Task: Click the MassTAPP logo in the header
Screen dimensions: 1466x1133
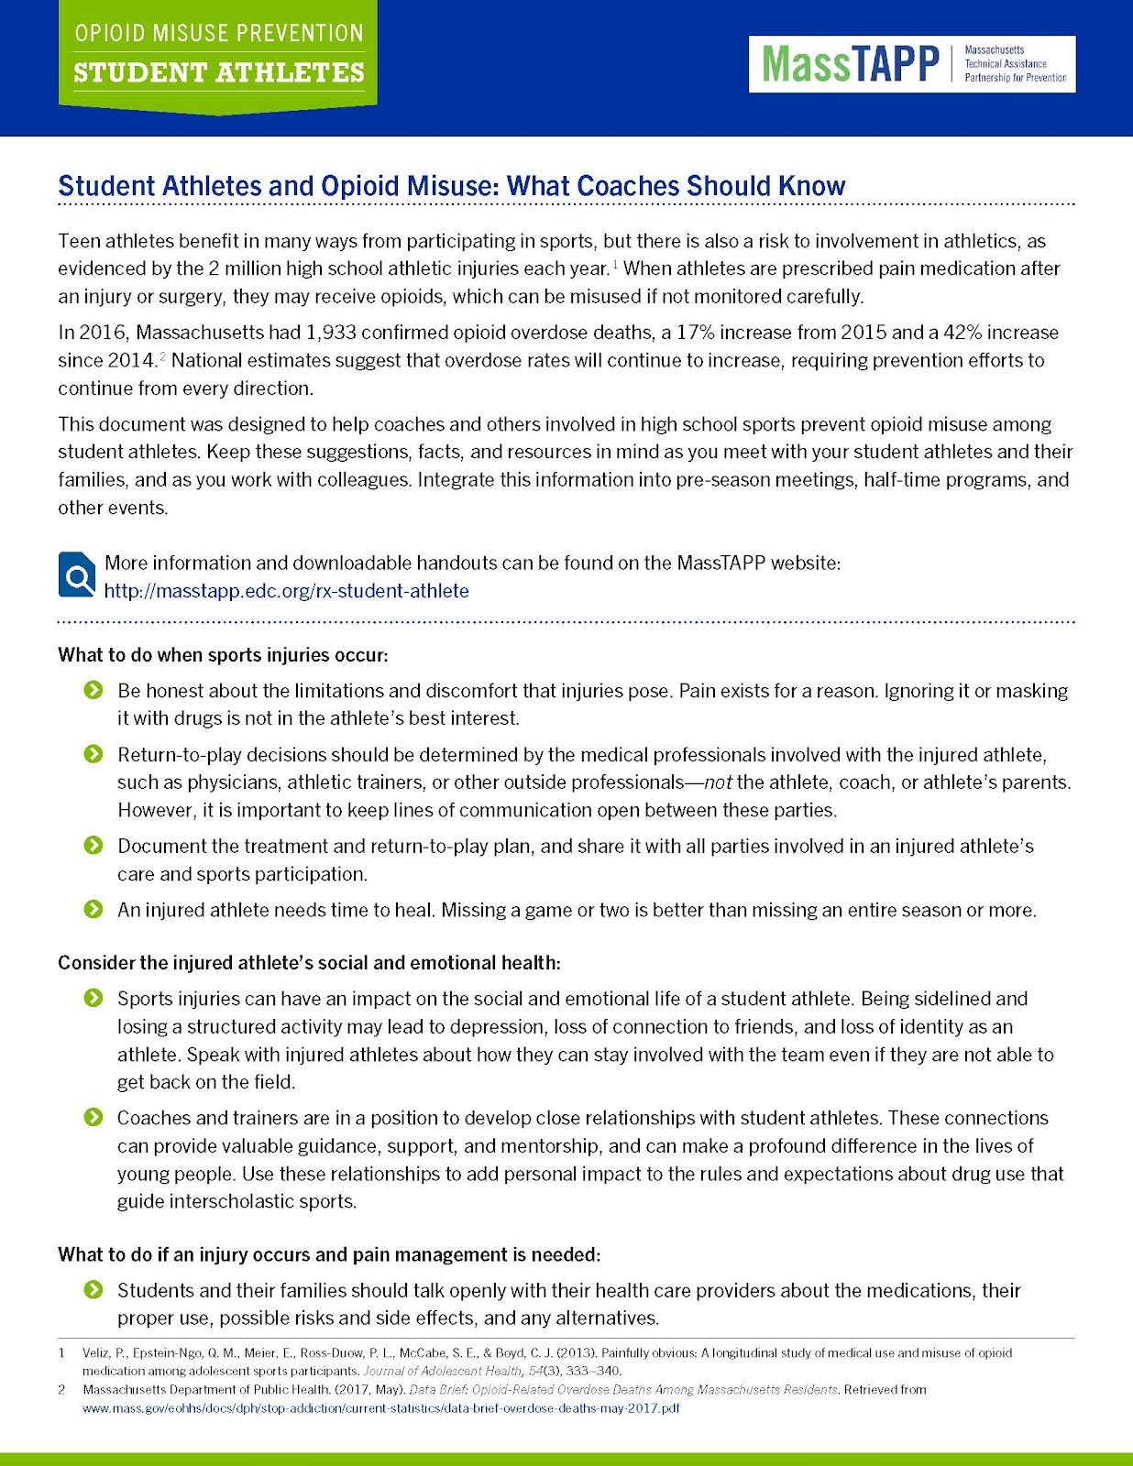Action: [912, 64]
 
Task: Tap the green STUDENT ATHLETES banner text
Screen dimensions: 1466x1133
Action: [219, 73]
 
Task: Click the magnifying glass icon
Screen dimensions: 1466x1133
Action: [77, 574]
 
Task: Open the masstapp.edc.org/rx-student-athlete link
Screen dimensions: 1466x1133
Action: [286, 591]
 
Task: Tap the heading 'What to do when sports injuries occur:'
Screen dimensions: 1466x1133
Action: [223, 655]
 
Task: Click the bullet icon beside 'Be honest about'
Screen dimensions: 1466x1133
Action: [93, 690]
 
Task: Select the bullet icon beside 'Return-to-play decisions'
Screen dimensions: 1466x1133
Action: [93, 754]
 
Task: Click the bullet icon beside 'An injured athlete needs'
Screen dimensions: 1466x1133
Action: [93, 910]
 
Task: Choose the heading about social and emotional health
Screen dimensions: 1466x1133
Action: [309, 963]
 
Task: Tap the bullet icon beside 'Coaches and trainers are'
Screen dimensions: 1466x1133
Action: [93, 1118]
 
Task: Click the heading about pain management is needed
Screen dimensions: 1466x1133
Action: [329, 1254]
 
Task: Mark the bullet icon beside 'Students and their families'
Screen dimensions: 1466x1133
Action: [93, 1290]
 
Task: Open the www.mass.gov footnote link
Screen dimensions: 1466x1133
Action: [380, 1408]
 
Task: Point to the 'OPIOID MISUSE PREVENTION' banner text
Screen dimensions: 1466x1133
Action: [219, 34]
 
